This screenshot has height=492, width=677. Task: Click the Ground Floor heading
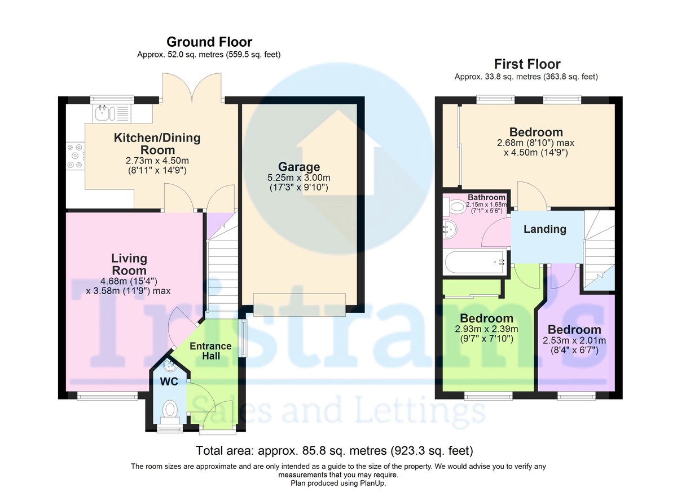click(209, 42)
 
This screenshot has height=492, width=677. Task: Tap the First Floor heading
click(527, 64)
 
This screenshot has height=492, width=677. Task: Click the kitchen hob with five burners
click(75, 156)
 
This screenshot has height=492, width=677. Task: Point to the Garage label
click(299, 167)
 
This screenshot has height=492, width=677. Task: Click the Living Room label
click(129, 264)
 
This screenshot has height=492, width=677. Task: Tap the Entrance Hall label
click(210, 351)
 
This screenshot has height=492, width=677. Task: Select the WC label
click(169, 382)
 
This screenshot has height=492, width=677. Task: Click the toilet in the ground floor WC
click(170, 412)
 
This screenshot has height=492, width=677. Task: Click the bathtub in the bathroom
click(475, 262)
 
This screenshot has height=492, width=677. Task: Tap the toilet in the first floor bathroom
click(455, 207)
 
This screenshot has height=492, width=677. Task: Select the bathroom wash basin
click(450, 230)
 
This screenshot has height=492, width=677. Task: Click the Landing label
click(545, 229)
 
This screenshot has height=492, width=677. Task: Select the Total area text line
click(335, 451)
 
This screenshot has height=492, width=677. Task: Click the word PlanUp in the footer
click(373, 483)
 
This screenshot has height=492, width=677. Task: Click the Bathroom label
click(486, 197)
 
